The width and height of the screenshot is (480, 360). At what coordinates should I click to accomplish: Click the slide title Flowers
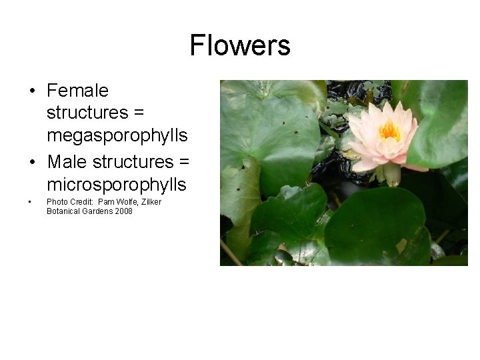click(x=240, y=45)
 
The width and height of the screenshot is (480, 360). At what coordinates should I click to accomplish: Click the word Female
click(x=77, y=90)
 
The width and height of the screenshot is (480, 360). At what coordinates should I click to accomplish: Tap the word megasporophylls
click(x=117, y=135)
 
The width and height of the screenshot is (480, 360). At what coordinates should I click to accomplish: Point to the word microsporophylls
click(x=116, y=184)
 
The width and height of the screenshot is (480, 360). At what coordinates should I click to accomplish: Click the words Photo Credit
click(x=69, y=202)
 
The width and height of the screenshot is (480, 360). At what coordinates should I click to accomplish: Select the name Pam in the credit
click(x=106, y=202)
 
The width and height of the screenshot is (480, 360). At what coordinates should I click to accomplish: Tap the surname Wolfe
click(x=127, y=202)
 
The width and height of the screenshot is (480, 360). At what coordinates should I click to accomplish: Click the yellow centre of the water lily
click(x=389, y=130)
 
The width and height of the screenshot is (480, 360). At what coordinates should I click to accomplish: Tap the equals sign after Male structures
click(x=185, y=162)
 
